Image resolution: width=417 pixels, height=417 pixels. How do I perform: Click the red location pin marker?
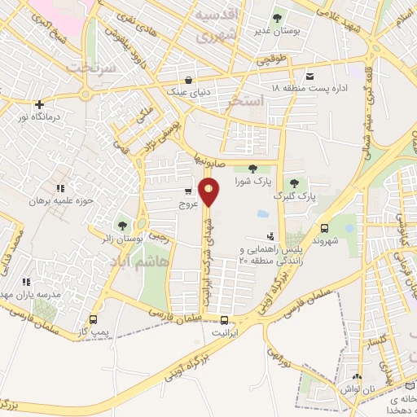point(209,191)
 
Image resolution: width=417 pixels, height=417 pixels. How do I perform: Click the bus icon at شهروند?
point(325,229)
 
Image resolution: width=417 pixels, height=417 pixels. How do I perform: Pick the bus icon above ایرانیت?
point(224,321)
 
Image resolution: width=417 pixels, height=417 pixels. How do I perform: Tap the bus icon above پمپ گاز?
point(93,320)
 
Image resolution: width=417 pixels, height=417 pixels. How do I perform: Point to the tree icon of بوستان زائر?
point(122,225)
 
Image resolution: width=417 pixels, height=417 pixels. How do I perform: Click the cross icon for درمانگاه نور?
point(39,104)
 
